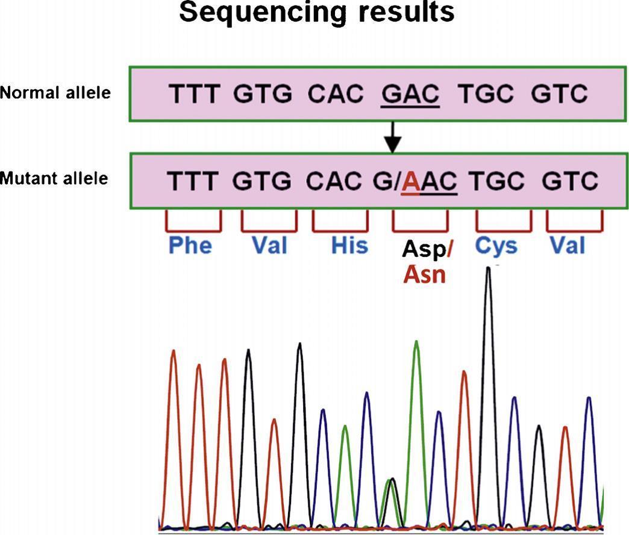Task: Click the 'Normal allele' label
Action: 55,93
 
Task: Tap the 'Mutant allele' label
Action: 54,179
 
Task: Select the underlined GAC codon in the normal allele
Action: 410,94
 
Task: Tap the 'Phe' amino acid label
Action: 190,246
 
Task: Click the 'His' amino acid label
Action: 349,246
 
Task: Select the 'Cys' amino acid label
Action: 496,246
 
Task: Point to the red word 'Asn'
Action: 425,276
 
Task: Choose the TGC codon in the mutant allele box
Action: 495,181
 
